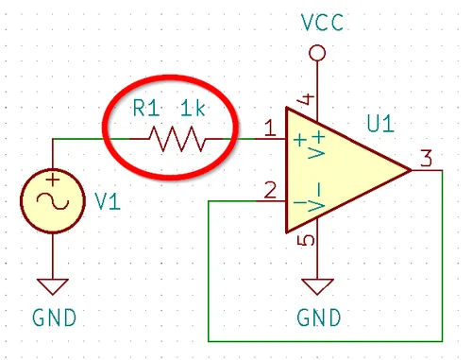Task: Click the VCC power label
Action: coord(322,23)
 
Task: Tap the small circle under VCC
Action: coord(317,53)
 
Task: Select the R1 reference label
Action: coord(146,108)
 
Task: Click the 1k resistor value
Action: coord(193,108)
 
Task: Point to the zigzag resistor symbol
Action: coord(177,139)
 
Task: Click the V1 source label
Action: coord(107,201)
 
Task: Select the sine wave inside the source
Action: coord(53,200)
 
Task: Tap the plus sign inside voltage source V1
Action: coord(53,180)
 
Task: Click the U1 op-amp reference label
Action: coord(380,124)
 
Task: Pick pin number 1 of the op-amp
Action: coord(270,129)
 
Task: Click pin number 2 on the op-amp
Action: coord(270,190)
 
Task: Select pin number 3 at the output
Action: coord(426,158)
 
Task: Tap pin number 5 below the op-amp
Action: coord(306,240)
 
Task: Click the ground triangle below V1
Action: coord(53,286)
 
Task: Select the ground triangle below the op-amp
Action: coord(317,286)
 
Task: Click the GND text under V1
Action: coord(54,317)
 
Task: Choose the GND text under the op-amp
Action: coord(319,317)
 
